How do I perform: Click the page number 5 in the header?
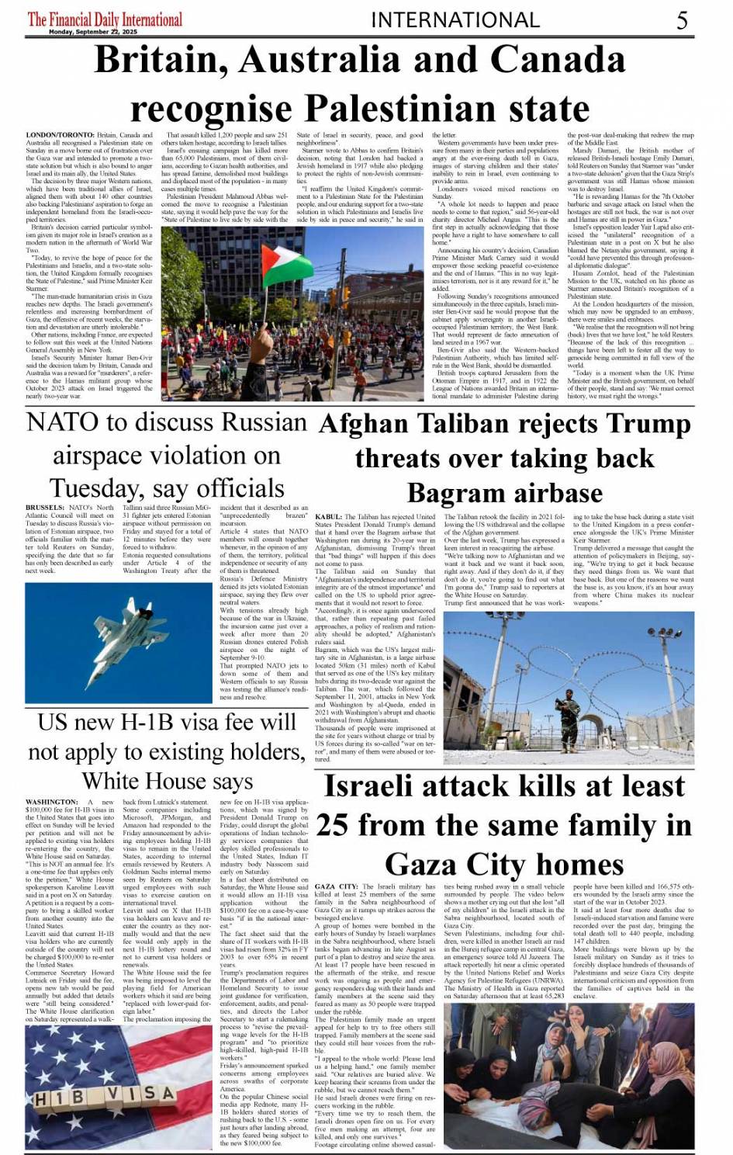pos(682,20)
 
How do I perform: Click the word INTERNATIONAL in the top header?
pos(455,20)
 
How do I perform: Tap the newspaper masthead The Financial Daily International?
pos(105,19)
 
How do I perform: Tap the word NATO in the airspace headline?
pos(62,423)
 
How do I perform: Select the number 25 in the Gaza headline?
pos(332,825)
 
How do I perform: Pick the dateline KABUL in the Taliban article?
pos(329,516)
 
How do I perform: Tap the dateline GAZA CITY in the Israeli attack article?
pos(337,886)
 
